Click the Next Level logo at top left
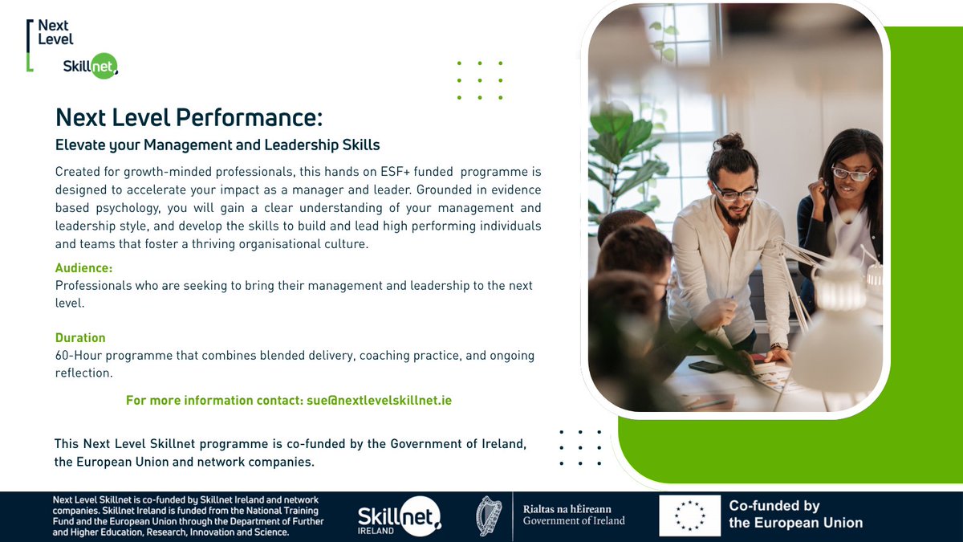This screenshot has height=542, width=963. coord(54,32)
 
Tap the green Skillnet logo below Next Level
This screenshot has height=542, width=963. coord(90,66)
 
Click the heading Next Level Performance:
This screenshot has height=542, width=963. coord(189,118)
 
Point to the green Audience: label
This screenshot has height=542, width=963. coord(83,268)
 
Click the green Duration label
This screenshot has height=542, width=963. coord(80,338)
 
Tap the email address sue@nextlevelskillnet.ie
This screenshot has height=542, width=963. coord(379,400)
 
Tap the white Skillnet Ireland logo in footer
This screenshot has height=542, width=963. coord(399,516)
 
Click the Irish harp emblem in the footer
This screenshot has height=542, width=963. coord(489,516)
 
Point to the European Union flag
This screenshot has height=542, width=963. coord(689,516)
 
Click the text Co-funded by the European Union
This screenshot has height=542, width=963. coord(795,515)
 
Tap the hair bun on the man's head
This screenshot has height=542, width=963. coord(729,142)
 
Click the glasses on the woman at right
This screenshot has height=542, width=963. coord(851,173)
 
